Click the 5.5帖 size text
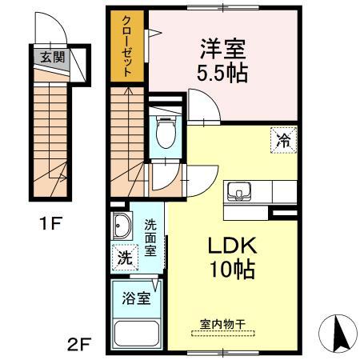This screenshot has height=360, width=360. point(223,74)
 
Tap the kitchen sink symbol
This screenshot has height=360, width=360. point(238,192)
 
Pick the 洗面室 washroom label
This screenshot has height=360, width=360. point(150,238)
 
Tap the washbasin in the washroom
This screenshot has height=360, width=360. point(122,226)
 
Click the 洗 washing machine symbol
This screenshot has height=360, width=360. point(124,258)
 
